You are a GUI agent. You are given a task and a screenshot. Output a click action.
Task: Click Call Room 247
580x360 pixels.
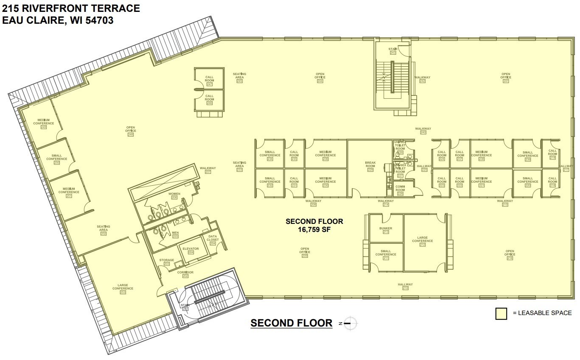coord(209,80)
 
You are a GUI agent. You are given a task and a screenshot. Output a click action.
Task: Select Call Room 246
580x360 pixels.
coord(209,99)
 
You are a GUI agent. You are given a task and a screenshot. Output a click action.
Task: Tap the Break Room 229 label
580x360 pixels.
coord(370,166)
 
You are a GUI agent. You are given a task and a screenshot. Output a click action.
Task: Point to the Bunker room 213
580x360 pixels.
coord(386,230)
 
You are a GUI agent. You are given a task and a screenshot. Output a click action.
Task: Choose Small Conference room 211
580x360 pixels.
coord(386,254)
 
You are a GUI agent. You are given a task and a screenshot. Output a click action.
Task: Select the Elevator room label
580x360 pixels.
coord(191,250)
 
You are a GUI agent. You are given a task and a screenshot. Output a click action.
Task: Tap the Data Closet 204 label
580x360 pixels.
coord(213,240)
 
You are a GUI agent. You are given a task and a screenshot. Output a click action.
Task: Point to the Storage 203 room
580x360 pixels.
coord(166,262)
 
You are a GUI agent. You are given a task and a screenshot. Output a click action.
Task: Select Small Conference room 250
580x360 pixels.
coord(56,159)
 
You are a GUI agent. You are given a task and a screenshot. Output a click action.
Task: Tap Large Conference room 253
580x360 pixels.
coord(123,288)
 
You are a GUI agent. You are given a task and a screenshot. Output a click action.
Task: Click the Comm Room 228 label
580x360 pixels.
coord(400,190)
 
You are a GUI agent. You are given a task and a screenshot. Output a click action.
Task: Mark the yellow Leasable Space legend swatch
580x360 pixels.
coord(501,313)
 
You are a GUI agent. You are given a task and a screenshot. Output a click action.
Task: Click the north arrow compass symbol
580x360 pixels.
coord(350,323)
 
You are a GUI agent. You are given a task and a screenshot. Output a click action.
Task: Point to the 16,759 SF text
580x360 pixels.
coord(314,229)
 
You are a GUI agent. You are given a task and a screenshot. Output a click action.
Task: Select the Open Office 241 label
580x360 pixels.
coord(506,77)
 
